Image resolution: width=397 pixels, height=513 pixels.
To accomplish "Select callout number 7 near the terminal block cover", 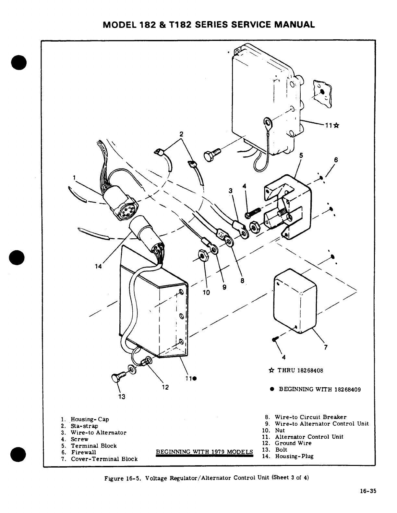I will pos(326,347).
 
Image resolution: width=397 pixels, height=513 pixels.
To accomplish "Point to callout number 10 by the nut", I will pos(206,292).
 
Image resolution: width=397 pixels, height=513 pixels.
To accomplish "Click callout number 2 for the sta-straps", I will pos(181,134).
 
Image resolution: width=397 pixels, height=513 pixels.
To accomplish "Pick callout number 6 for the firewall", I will pos(336,160).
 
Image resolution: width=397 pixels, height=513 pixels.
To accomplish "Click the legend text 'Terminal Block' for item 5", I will pos(94,446).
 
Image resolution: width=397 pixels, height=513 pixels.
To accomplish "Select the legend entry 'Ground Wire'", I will pos(293,443).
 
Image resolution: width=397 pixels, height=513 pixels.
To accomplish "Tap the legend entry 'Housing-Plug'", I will pos(294,456).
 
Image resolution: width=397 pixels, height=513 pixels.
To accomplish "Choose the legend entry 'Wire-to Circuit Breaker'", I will pos(310,417).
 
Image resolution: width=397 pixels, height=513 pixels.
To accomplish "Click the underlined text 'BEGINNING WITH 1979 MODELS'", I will pos(204,452).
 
